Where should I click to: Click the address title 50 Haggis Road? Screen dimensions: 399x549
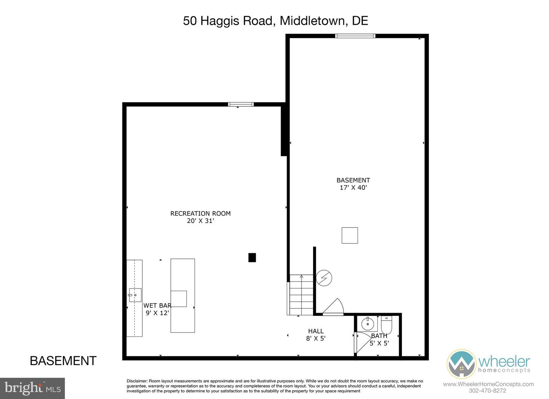tap(275, 21)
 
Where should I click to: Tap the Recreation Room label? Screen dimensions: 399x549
tap(200, 213)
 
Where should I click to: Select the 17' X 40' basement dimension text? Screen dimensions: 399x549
tap(353, 187)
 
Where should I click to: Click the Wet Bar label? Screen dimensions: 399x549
tap(157, 306)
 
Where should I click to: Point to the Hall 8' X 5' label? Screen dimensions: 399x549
tap(316, 335)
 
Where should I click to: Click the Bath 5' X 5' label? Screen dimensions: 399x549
tap(379, 339)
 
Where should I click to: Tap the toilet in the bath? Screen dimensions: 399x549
tap(387, 325)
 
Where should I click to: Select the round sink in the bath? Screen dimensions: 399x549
tap(368, 324)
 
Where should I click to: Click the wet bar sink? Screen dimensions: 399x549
tap(135, 295)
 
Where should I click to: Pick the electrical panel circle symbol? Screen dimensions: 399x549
tap(324, 278)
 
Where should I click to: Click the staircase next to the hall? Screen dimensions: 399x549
tap(301, 295)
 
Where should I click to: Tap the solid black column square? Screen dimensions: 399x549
tap(252, 258)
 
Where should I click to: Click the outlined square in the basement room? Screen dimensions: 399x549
tap(350, 235)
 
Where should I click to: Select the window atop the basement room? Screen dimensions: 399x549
tap(355, 36)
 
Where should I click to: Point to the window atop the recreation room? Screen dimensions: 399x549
tap(241, 104)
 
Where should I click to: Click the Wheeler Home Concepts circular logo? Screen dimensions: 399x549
tap(461, 364)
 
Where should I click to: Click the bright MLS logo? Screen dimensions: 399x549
tap(32, 388)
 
